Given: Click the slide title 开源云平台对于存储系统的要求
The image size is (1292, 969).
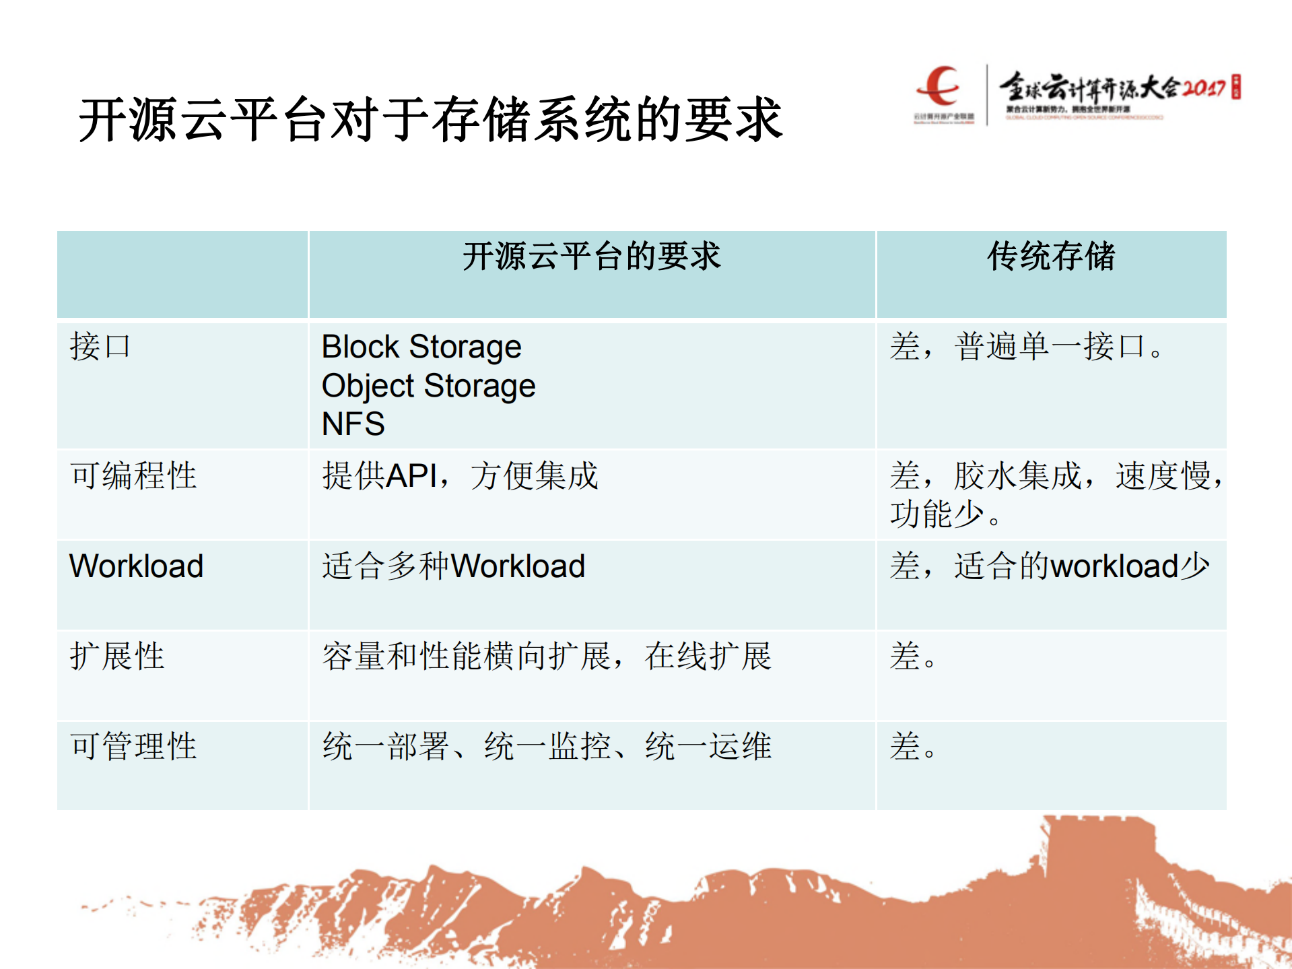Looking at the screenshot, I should [431, 120].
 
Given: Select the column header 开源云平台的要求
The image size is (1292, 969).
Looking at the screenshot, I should [591, 257].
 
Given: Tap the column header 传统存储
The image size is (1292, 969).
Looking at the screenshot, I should [1051, 257].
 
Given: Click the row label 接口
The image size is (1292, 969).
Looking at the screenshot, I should [100, 347].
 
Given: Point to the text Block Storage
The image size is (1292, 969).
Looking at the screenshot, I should [421, 347].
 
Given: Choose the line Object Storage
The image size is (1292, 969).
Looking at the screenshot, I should [429, 386].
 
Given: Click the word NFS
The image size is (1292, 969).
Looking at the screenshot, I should [353, 424].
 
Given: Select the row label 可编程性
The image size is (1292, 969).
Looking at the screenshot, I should [133, 475].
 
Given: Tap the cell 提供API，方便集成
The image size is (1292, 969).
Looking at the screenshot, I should [460, 475].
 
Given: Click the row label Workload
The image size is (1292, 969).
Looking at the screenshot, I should [136, 566].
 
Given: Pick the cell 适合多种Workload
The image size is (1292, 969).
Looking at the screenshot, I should [453, 566].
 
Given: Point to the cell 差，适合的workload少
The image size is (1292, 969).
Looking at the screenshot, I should [1049, 566].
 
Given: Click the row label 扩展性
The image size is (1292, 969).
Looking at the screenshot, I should [117, 656].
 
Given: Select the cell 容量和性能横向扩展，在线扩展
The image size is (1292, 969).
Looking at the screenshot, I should [546, 656].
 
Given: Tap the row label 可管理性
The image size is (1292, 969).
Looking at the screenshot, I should [133, 746].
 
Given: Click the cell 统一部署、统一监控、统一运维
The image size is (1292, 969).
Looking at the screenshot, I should [546, 746].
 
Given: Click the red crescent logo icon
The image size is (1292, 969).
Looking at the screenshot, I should [940, 86].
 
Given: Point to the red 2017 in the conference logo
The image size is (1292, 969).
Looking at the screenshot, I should [1204, 88].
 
